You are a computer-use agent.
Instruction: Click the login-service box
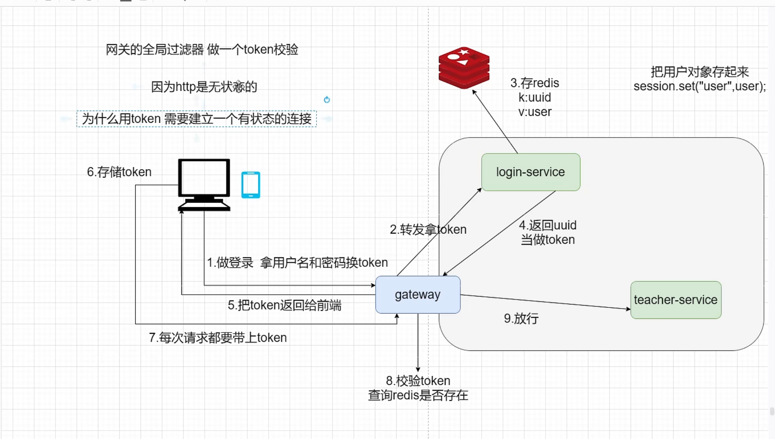pyautogui.click(x=531, y=172)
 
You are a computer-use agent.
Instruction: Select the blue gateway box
pyautogui.click(x=418, y=295)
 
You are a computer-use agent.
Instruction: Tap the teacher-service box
pyautogui.click(x=676, y=300)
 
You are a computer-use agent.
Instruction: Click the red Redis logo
pyautogui.click(x=464, y=68)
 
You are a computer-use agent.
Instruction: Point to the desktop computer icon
pyautogui.click(x=204, y=185)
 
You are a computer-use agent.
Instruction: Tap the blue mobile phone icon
pyautogui.click(x=251, y=185)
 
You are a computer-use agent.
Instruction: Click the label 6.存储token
pyautogui.click(x=119, y=172)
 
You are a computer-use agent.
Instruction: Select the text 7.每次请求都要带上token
pyautogui.click(x=218, y=338)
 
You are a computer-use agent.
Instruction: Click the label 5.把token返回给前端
pyautogui.click(x=285, y=305)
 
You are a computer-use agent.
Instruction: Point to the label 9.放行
pyautogui.click(x=521, y=318)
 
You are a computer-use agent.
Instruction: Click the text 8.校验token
pyautogui.click(x=418, y=380)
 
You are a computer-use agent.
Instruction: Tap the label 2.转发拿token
pyautogui.click(x=428, y=229)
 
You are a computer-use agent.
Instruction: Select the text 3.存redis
pyautogui.click(x=535, y=82)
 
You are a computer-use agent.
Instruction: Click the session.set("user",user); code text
pyautogui.click(x=700, y=86)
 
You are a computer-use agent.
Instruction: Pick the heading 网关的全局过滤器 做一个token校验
pyautogui.click(x=202, y=49)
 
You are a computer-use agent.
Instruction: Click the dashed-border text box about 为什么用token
pyautogui.click(x=197, y=119)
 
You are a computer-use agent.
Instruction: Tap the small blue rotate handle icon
pyautogui.click(x=327, y=100)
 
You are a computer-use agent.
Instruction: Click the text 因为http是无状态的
pyautogui.click(x=204, y=87)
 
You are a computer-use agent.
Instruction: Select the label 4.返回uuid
pyautogui.click(x=548, y=225)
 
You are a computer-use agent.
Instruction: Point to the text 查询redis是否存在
pyautogui.click(x=418, y=395)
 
